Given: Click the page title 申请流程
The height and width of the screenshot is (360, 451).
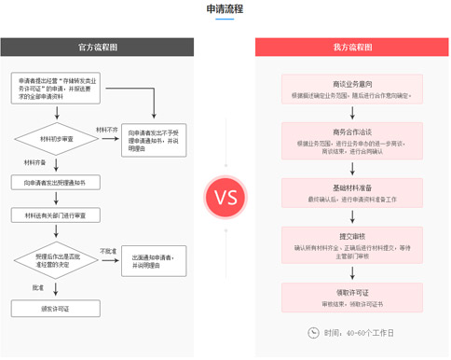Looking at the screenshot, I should (225, 8).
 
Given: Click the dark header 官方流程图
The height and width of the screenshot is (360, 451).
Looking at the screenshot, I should (98, 48).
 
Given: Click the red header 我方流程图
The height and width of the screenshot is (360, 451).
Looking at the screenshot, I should (352, 48).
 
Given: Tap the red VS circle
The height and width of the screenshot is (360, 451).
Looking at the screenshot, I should (225, 198).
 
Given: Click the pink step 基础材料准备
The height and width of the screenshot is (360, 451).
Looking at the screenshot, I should (352, 193).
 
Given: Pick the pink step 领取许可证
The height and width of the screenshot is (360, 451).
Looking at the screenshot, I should (352, 298).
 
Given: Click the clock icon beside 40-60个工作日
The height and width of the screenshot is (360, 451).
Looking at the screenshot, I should (312, 332).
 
